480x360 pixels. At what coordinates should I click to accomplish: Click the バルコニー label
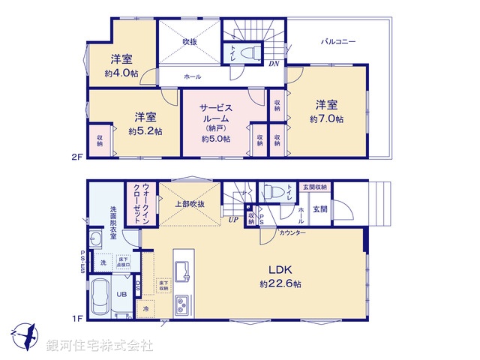[334, 41]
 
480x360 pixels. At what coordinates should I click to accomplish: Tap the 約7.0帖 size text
[326, 119]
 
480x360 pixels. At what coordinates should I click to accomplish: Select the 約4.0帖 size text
[122, 73]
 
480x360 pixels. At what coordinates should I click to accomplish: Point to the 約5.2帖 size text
[145, 131]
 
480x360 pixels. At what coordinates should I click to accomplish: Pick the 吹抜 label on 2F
[190, 41]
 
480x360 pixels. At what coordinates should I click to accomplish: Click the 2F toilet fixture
[251, 52]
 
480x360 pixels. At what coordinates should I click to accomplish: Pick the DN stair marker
[274, 64]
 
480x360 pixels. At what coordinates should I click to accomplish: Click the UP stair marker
[233, 220]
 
